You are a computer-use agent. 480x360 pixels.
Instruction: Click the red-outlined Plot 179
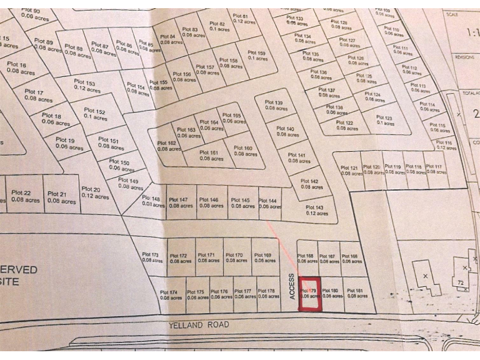tap(309, 294)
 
